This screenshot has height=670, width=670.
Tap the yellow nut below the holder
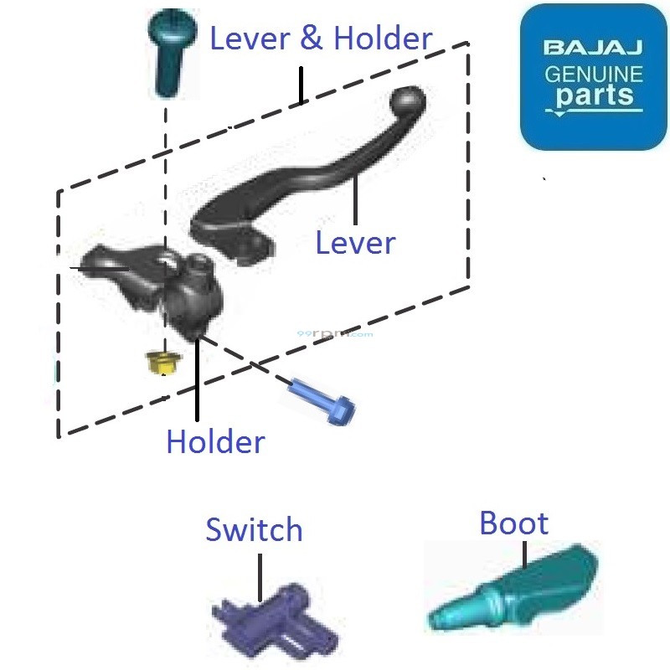(161, 362)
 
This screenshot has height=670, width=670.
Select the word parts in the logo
(594, 96)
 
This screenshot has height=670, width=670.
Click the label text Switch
(254, 530)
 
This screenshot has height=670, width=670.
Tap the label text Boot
(513, 523)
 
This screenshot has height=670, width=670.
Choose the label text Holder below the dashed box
(215, 442)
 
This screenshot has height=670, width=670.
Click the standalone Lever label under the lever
(355, 243)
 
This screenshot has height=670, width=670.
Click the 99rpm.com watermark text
(335, 333)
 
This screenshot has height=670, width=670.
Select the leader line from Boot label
(525, 554)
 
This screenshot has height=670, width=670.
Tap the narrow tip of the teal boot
(441, 621)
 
